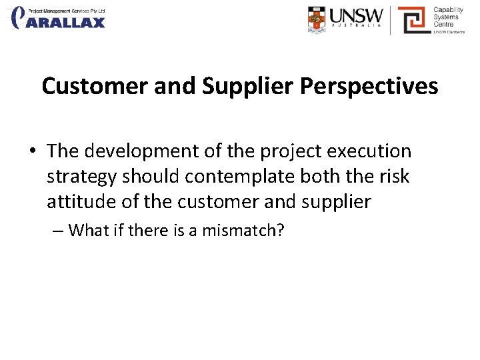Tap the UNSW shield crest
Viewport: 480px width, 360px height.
click(x=318, y=19)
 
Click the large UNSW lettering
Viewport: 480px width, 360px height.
click(x=358, y=15)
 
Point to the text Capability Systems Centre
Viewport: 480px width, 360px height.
click(x=449, y=18)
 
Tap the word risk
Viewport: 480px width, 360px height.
click(x=393, y=177)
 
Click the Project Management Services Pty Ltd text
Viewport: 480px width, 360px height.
click(x=67, y=11)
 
